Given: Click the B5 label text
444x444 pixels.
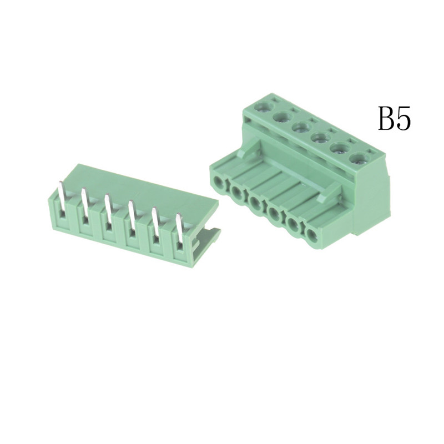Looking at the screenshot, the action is [x=395, y=118].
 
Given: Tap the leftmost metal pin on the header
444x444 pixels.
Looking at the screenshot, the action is [x=62, y=197].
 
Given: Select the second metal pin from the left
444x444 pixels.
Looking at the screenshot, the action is [x=84, y=203].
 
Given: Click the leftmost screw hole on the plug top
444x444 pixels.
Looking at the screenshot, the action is [x=264, y=107].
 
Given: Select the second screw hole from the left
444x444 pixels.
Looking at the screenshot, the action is [x=282, y=117].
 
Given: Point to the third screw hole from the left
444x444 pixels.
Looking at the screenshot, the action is [x=301, y=128].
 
